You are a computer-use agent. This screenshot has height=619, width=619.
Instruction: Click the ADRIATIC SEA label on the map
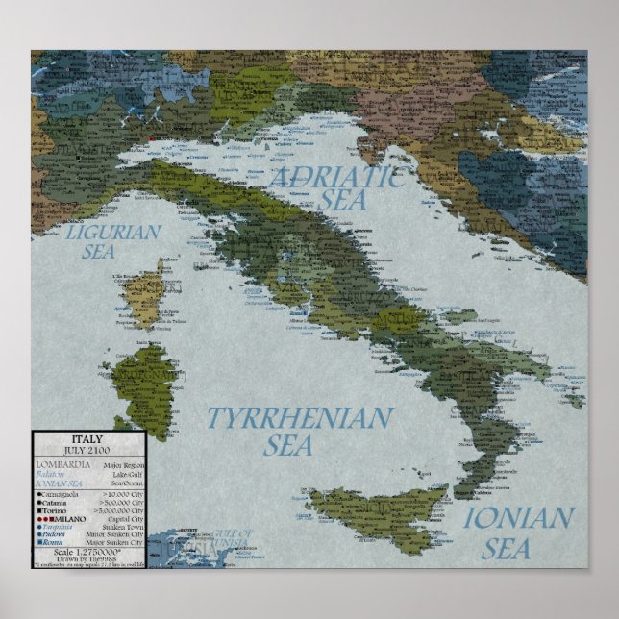[334, 187]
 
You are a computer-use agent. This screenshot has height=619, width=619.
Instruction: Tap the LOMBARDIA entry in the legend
[62, 464]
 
